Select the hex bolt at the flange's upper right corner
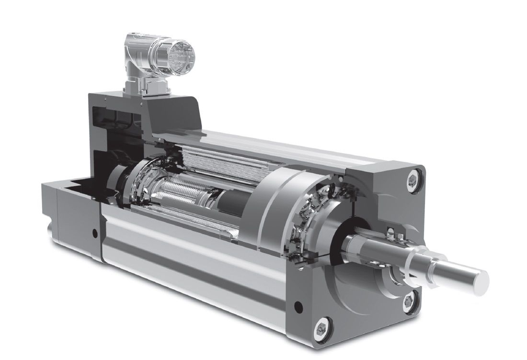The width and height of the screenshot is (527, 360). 413,179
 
